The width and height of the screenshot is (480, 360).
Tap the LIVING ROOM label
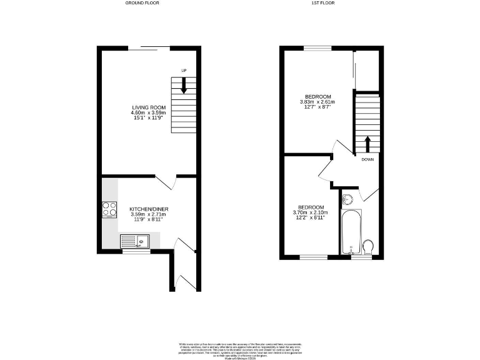pyautogui.click(x=149, y=107)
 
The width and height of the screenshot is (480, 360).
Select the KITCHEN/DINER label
pyautogui.click(x=149, y=209)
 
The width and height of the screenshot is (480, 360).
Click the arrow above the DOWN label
pyautogui.click(x=367, y=145)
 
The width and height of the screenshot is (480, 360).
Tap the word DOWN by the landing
pyautogui.click(x=367, y=159)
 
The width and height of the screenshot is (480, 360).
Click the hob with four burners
pyautogui.click(x=109, y=209)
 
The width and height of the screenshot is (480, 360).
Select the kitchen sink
pyautogui.click(x=134, y=240)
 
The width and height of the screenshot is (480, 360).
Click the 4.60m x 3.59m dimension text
pyautogui.click(x=149, y=113)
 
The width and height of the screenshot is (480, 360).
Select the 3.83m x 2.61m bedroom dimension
pyautogui.click(x=317, y=102)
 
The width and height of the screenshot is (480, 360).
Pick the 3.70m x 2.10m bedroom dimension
pyautogui.click(x=311, y=212)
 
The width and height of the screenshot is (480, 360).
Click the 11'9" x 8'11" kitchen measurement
pyautogui.click(x=149, y=220)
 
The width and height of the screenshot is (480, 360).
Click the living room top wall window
pyautogui.click(x=150, y=47)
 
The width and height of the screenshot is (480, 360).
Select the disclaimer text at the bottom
pyautogui.click(x=240, y=348)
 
